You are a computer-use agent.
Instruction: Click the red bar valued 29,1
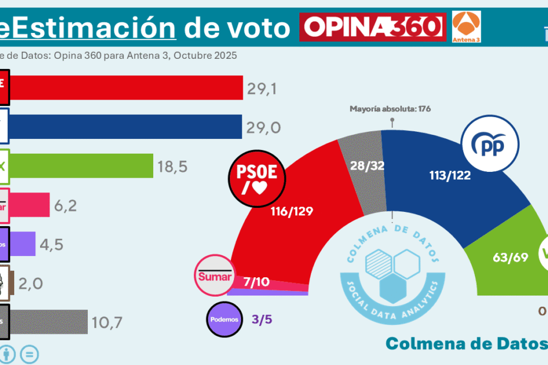[127, 88]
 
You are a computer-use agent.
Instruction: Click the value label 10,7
[107, 322]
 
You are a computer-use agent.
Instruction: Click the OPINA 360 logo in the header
[372, 26]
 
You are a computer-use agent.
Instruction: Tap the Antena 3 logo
[466, 26]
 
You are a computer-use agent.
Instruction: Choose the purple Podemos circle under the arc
[224, 319]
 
